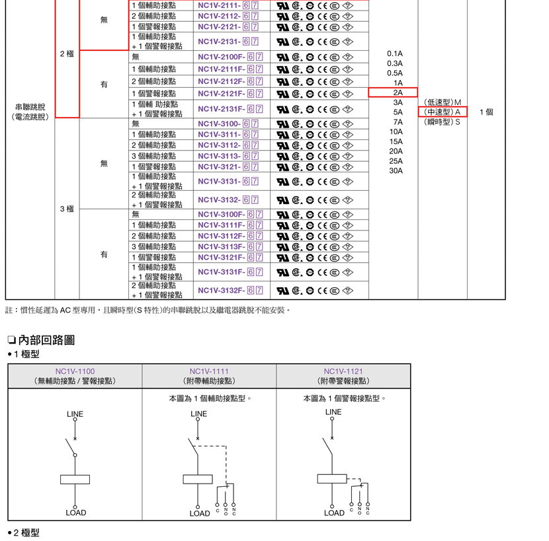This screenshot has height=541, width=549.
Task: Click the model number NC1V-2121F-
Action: (x=222, y=94)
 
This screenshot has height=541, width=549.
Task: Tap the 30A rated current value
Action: (x=396, y=170)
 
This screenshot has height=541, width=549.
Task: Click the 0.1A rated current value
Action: (x=395, y=54)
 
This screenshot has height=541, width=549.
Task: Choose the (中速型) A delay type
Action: (x=442, y=112)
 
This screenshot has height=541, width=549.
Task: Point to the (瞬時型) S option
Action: (x=442, y=122)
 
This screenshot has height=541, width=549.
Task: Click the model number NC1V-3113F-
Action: (x=222, y=247)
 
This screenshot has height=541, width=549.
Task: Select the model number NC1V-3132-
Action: (x=219, y=199)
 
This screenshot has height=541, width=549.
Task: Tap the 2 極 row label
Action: (x=67, y=54)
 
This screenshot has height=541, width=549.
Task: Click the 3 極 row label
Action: (x=67, y=209)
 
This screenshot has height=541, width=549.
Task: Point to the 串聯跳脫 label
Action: (x=30, y=107)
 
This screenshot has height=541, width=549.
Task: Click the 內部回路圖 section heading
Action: (x=46, y=340)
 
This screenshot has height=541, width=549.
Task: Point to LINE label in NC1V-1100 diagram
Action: (x=75, y=414)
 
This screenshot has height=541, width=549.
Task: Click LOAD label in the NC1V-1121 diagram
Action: (x=334, y=513)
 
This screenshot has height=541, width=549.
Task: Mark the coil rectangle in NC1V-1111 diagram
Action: (x=198, y=479)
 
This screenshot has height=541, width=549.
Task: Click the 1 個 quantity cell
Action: (x=486, y=112)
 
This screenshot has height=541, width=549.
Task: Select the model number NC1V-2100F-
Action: (x=222, y=57)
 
